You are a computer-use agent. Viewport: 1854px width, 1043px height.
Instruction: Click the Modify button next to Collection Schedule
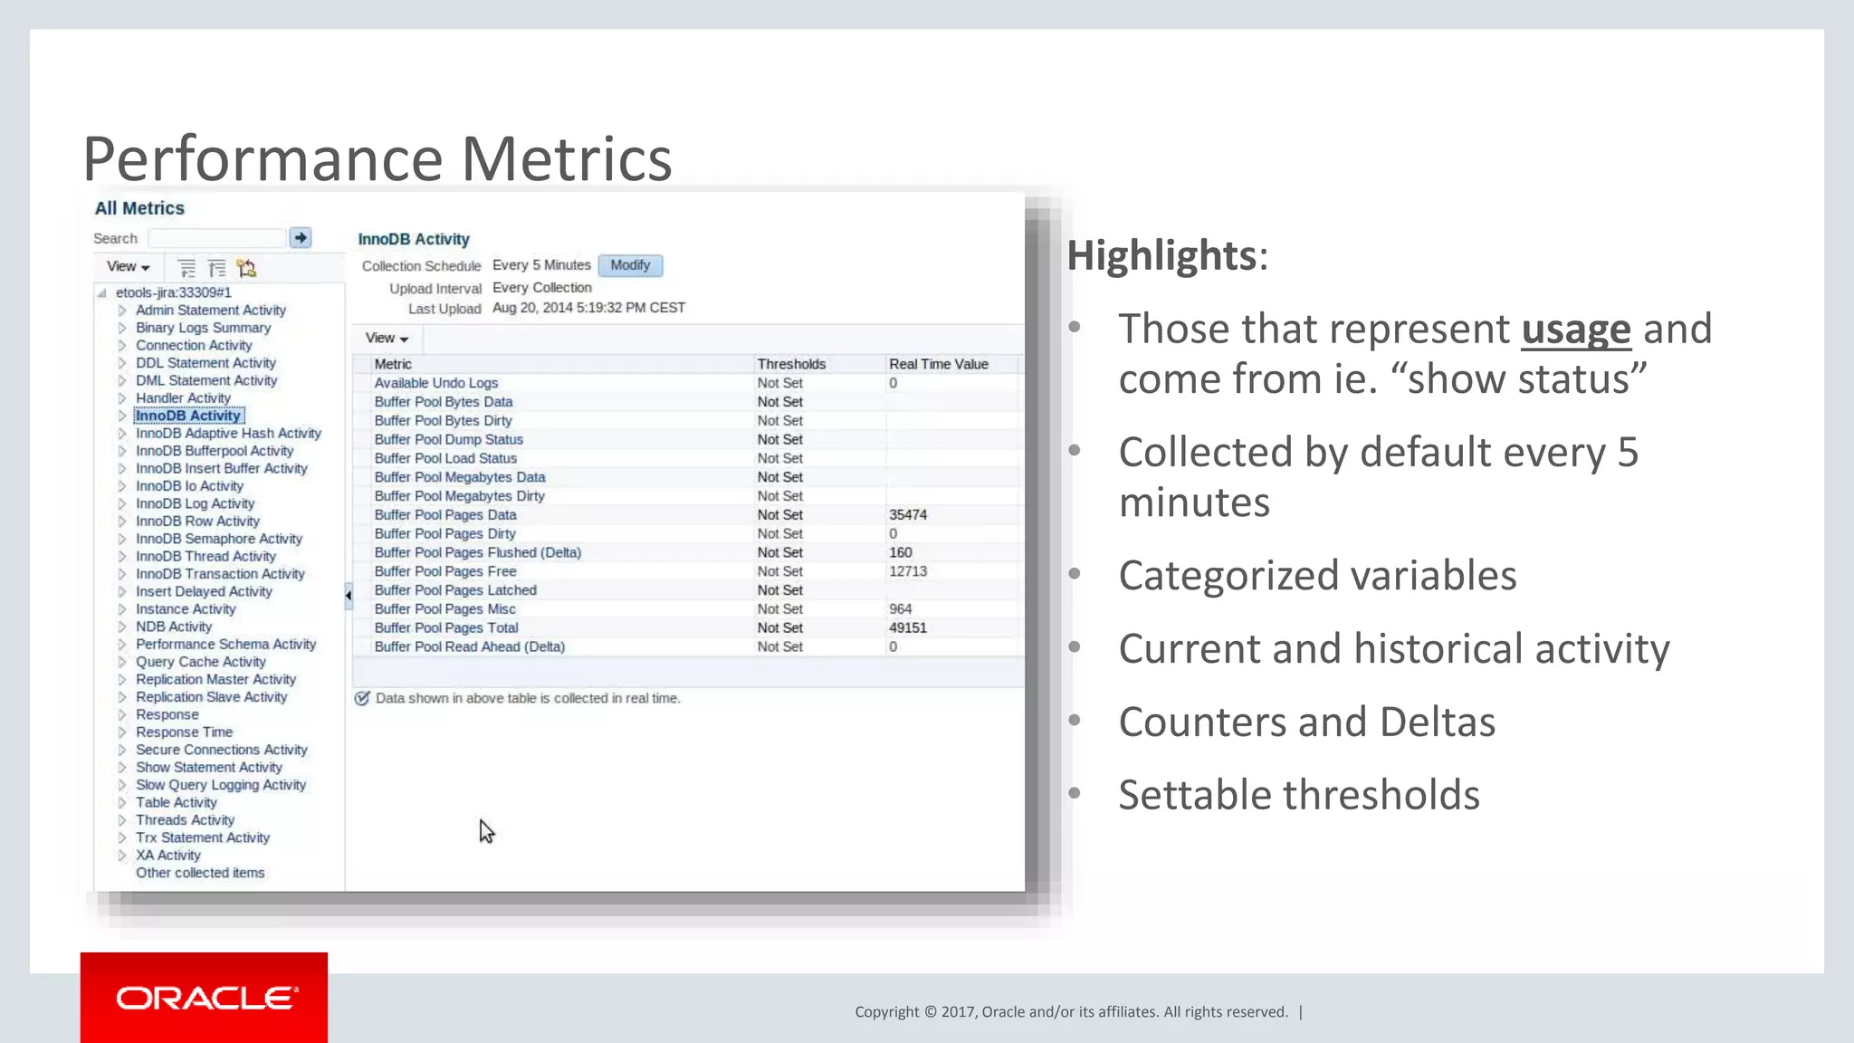pos(630,265)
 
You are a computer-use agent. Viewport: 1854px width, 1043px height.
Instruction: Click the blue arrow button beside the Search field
pos(301,237)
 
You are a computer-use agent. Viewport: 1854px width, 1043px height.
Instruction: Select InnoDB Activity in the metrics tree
pos(188,416)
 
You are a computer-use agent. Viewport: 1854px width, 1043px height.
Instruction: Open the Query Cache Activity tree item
pos(200,662)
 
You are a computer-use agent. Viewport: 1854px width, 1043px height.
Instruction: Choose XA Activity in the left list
pos(168,856)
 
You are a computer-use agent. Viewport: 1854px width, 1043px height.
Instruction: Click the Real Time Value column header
pos(938,364)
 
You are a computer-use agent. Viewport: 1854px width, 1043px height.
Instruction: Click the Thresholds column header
pos(791,364)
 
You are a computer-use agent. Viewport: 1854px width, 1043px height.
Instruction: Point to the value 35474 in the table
pos(908,514)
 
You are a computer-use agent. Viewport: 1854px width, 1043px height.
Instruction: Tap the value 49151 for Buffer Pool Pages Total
pos(908,627)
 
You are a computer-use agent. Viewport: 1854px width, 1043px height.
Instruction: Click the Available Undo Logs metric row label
pos(436,383)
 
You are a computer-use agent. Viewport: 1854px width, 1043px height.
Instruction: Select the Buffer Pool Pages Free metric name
pos(445,571)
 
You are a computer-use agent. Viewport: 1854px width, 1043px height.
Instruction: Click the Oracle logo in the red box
pos(205,998)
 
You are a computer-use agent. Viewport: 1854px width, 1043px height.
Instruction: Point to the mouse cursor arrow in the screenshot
pos(486,831)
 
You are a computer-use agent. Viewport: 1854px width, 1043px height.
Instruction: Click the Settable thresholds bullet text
pos(1299,795)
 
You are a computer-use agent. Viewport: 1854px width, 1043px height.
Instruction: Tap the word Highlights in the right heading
pos(1161,255)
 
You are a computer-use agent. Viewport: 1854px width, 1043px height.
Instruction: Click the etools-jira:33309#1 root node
pos(174,292)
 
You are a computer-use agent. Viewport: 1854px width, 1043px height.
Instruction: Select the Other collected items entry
pos(200,873)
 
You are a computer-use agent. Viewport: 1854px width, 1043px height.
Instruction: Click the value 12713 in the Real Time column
pos(908,571)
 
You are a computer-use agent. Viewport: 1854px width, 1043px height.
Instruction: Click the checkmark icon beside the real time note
pos(362,698)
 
